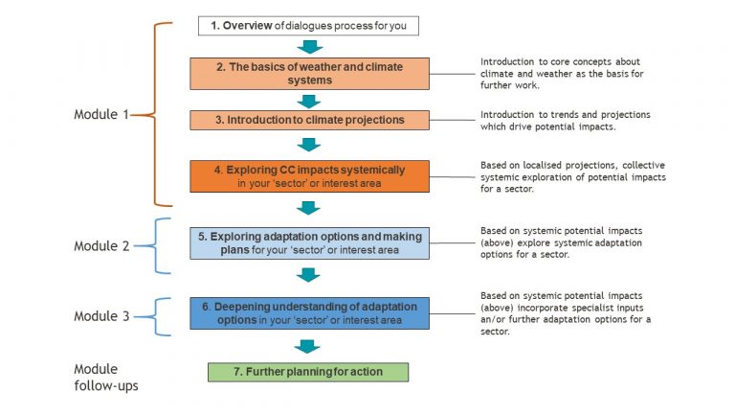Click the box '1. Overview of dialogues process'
point(308,26)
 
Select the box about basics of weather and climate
point(309,74)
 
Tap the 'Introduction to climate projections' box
point(309,120)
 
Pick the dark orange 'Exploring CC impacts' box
point(309,176)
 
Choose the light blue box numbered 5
point(309,243)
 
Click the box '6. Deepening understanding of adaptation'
point(309,313)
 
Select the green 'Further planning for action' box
point(308,372)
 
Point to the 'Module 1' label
point(101,114)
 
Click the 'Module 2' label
point(101,245)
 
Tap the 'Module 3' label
point(101,316)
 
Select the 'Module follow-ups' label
point(106,378)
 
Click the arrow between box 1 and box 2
point(309,47)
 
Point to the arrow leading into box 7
point(307,347)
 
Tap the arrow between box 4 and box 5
point(308,208)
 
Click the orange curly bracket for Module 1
point(155,114)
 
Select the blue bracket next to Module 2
point(155,245)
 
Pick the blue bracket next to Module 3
point(155,317)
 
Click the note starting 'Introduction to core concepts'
point(562,73)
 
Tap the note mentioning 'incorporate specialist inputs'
point(566,313)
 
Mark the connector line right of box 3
point(453,120)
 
